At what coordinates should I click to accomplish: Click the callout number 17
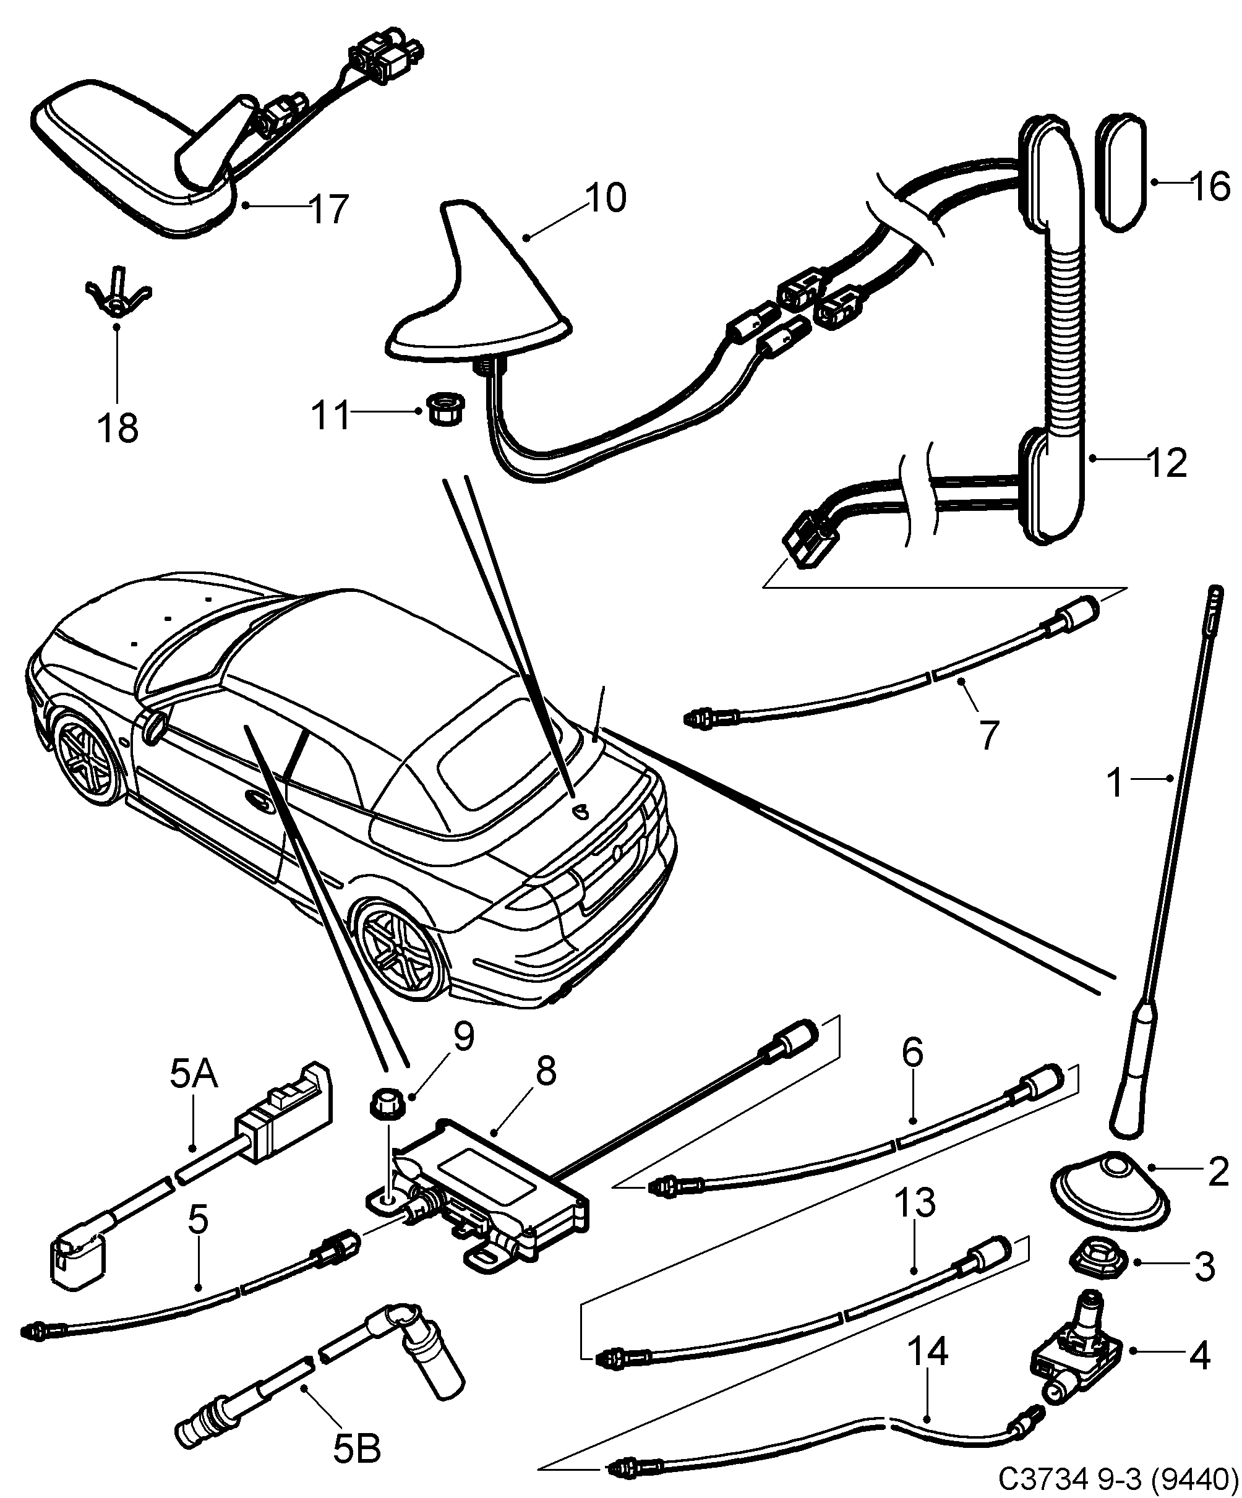(x=329, y=209)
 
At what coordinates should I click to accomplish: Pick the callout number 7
(x=987, y=735)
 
